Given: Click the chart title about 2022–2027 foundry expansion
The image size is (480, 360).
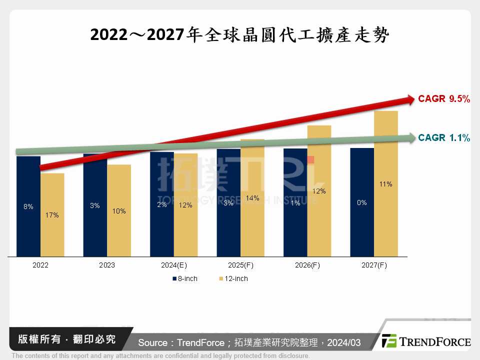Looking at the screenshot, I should pyautogui.click(x=239, y=35).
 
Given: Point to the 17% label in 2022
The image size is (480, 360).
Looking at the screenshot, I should pyautogui.click(x=52, y=215).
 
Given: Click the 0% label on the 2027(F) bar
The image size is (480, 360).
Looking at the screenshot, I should pyautogui.click(x=362, y=202).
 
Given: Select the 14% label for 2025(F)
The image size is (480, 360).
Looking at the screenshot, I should pyautogui.click(x=252, y=198).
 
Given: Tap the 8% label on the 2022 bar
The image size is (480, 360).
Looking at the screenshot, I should pyautogui.click(x=28, y=206).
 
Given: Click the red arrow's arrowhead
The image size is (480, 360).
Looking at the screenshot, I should pyautogui.click(x=410, y=100).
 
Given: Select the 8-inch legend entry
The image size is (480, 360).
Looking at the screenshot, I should pyautogui.click(x=185, y=278).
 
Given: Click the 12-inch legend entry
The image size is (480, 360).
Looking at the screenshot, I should pyautogui.click(x=233, y=278).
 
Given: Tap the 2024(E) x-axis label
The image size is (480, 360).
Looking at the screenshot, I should pyautogui.click(x=173, y=265).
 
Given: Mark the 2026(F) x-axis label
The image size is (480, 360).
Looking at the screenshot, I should pyautogui.click(x=307, y=265).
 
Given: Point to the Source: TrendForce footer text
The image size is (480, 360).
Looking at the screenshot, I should pyautogui.click(x=249, y=342).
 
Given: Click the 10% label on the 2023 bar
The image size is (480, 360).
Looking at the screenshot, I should pyautogui.click(x=119, y=211).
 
